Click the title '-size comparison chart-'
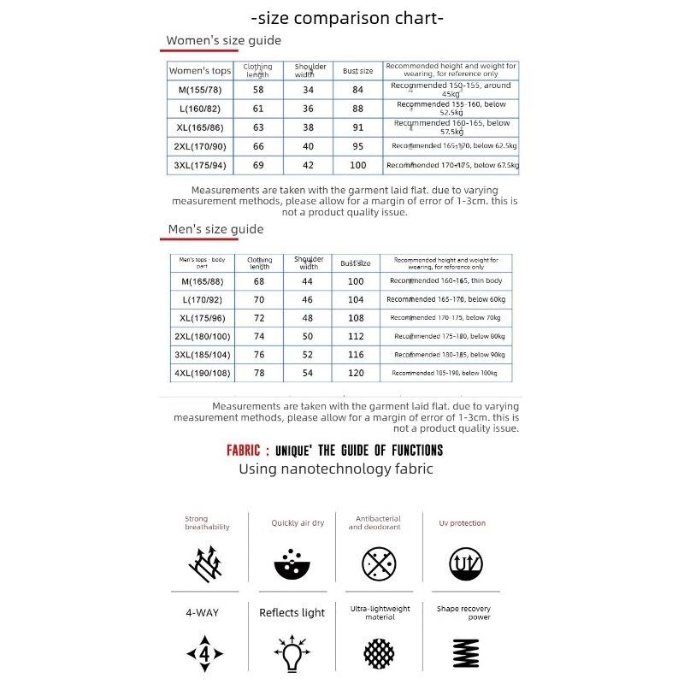coord(347,18)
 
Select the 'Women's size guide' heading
coord(223,40)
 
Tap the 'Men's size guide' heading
coord(215,229)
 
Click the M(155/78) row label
coord(199,89)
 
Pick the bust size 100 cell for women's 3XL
coord(357,165)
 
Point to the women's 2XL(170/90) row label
coord(199,146)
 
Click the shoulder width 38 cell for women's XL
coord(308,127)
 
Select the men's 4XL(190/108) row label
coord(202,373)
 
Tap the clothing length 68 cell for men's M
coord(259,281)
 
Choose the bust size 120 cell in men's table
coord(356,373)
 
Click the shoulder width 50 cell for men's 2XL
coord(308,337)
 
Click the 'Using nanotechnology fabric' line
coord(335,469)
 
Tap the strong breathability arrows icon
coord(208,563)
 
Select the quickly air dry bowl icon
coord(295,563)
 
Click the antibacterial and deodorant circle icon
coord(380,563)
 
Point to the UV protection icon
coord(468,563)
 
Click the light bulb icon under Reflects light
coord(292,655)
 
